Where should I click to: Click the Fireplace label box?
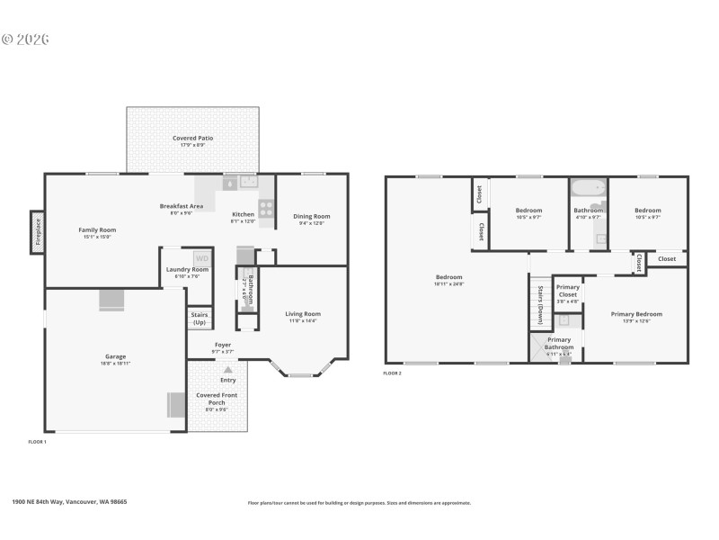[x=38, y=232]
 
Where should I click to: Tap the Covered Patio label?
[x=192, y=138]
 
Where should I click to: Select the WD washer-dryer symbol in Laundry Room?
[x=202, y=258]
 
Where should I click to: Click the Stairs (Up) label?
[x=199, y=318]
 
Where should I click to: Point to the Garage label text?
[x=114, y=356]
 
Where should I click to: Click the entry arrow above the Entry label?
[x=228, y=369]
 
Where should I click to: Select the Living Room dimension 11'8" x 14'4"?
[x=303, y=320]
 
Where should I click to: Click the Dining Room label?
[x=312, y=216]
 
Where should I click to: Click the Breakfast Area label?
[x=181, y=206]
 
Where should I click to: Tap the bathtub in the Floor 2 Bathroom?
[x=589, y=190]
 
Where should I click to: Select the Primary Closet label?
[x=567, y=291]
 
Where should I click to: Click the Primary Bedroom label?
[x=636, y=314]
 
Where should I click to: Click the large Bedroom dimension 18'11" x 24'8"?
[x=448, y=284]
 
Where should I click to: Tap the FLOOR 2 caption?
[x=392, y=373]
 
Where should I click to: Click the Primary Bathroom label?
[x=559, y=343]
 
